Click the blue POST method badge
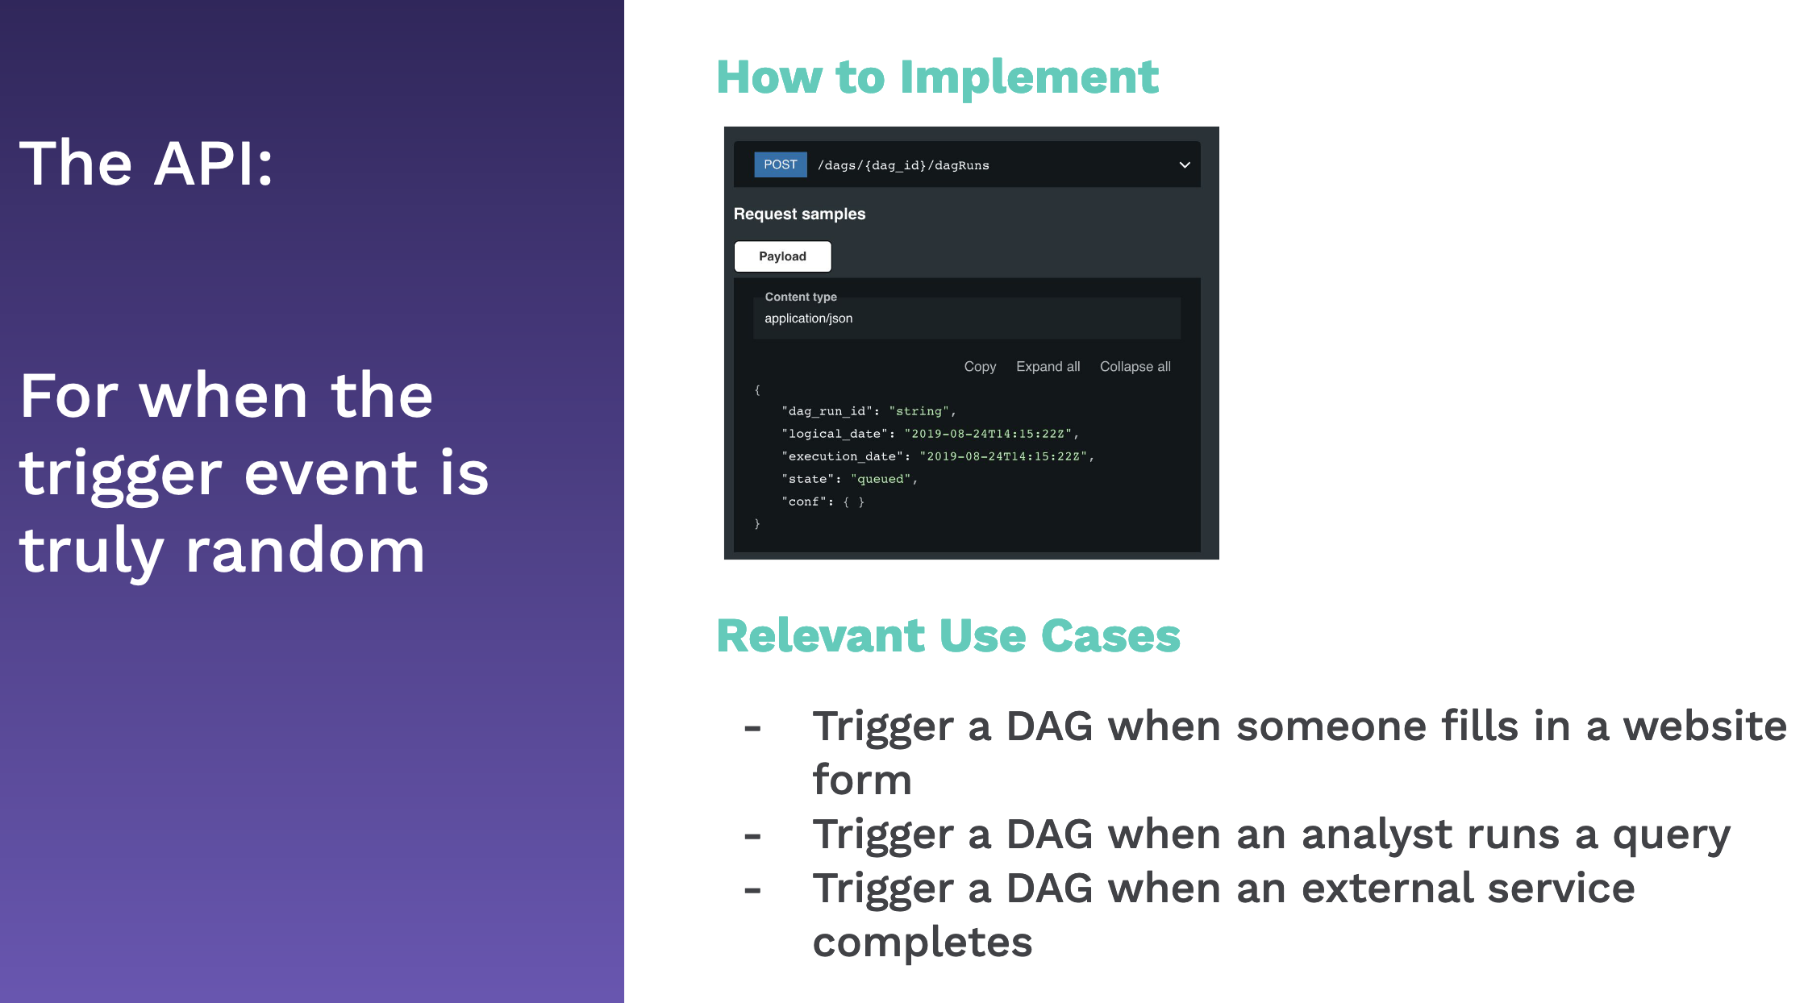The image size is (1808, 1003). coord(780,164)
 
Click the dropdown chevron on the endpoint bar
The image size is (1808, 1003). coord(1185,165)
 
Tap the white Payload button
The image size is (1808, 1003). coord(782,256)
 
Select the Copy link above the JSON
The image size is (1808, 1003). coord(980,367)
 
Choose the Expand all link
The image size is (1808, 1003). coord(1048,367)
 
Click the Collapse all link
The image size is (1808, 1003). coord(1135,367)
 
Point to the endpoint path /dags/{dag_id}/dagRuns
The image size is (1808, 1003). coord(903,165)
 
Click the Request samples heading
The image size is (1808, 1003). coord(799,214)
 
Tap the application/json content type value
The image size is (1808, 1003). coord(808,318)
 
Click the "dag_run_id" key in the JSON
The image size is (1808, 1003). coord(827,411)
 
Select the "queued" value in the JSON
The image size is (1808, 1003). coord(881,479)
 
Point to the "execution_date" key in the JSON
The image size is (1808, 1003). coord(843,456)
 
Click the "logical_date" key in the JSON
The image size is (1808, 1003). coord(835,434)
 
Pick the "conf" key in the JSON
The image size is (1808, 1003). coord(804,501)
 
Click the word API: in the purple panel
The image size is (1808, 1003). coord(214,164)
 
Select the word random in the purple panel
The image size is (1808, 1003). coord(305,551)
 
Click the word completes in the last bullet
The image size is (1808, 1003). coord(923,943)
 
